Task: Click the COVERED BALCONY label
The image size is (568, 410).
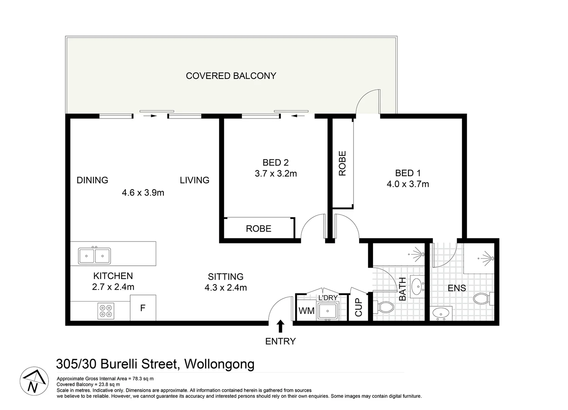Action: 231,76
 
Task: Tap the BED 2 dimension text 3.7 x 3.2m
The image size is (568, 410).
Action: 276,174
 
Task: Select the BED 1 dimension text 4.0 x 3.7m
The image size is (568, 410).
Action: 408,184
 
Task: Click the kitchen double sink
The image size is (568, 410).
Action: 95,255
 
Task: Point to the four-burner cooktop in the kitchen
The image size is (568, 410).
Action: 106,311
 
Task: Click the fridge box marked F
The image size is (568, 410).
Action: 143,308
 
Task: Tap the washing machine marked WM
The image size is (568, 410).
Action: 306,311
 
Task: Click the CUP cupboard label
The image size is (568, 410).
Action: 359,307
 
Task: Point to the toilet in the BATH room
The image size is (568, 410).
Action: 384,307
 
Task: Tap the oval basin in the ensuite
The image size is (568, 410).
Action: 441,314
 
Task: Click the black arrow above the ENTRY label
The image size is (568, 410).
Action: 280,326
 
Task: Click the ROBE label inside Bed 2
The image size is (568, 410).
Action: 258,229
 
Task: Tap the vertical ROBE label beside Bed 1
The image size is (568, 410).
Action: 342,164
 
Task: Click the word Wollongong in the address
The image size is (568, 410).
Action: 219,364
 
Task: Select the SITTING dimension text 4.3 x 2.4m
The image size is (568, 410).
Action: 226,288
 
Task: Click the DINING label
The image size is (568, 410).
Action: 92,180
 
